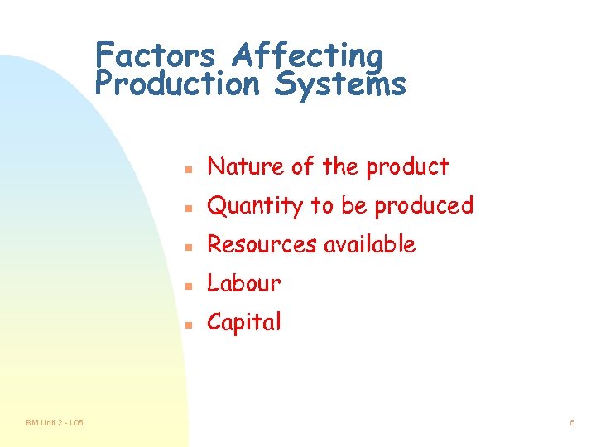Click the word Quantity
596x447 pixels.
click(x=255, y=206)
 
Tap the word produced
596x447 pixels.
click(x=424, y=206)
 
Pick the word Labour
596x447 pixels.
click(x=244, y=283)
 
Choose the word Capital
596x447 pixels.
click(x=244, y=322)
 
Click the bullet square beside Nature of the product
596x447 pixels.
click(x=189, y=169)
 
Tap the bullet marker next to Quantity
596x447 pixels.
click(x=189, y=208)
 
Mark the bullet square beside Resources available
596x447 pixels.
click(x=189, y=247)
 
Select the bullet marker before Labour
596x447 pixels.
click(x=189, y=286)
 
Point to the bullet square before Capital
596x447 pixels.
click(x=189, y=324)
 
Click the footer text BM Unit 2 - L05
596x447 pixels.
click(x=55, y=423)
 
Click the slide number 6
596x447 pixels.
click(x=572, y=423)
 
